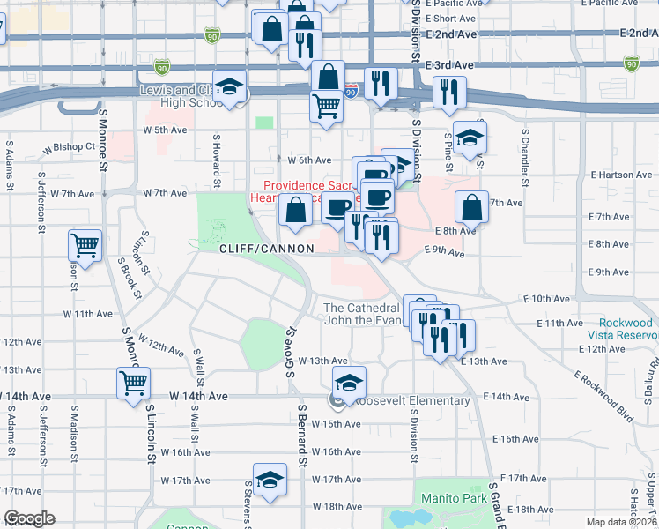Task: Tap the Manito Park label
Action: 455,498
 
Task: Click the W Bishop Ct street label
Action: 73,146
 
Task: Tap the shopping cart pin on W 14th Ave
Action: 133,383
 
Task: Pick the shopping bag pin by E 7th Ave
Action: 472,207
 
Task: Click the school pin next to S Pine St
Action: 471,137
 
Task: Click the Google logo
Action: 29,518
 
